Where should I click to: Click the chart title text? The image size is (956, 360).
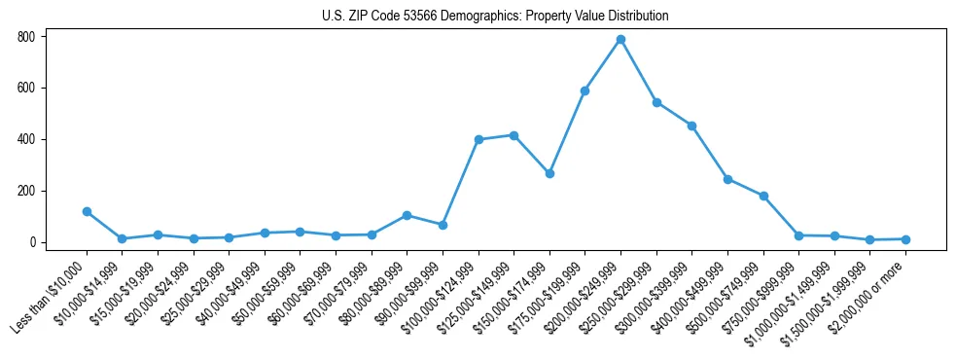(495, 17)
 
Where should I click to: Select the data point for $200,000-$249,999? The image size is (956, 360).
(620, 40)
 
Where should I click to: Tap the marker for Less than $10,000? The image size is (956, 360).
(87, 211)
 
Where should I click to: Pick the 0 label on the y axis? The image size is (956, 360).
(32, 242)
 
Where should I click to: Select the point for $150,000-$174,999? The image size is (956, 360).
(549, 173)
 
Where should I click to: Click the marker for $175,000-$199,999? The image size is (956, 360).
(584, 90)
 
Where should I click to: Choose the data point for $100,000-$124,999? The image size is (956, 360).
(478, 139)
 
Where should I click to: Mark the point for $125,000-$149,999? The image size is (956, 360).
(513, 135)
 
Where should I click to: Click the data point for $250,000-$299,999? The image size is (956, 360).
(656, 102)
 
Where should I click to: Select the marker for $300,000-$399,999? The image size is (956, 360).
(691, 126)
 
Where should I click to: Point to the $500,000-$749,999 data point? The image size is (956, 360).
(763, 196)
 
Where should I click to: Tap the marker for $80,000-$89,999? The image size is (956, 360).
(407, 215)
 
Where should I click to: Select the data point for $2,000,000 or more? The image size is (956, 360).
(905, 239)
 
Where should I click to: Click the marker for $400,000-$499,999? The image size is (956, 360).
(727, 179)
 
